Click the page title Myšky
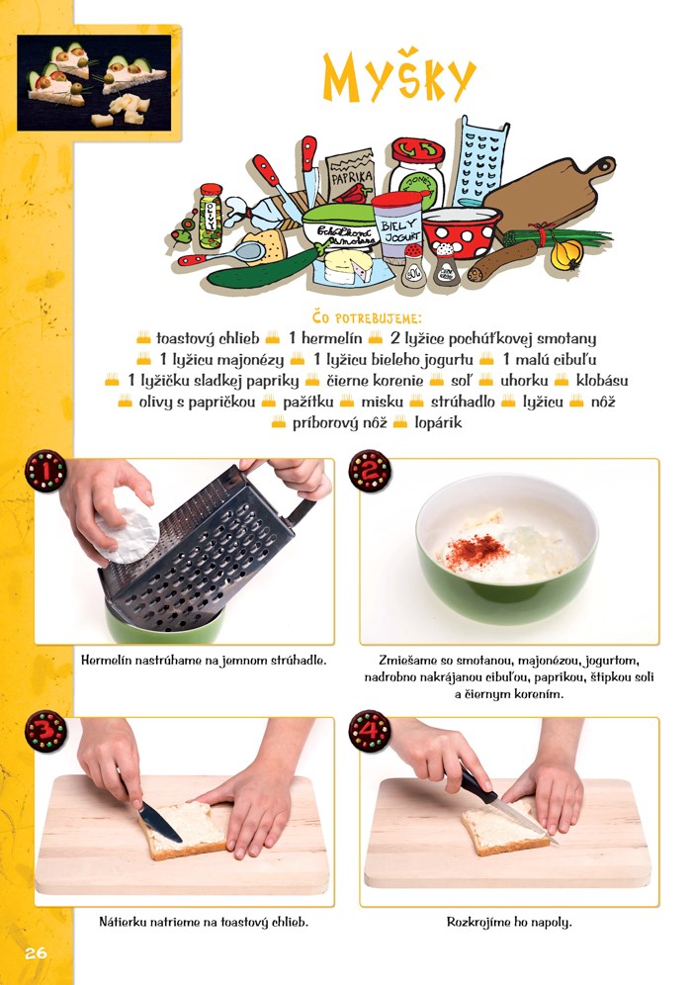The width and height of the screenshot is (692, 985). tap(399, 77)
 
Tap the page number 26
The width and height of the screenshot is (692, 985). tap(36, 953)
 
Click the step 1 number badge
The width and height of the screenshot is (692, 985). tap(45, 471)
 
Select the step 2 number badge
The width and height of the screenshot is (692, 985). tap(370, 471)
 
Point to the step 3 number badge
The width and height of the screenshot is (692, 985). tap(45, 731)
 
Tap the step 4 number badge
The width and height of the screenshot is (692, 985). tap(370, 731)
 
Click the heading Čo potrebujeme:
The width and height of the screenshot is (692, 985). tap(367, 317)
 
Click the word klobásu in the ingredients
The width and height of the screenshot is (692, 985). tap(602, 380)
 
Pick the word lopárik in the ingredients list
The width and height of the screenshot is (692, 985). tap(438, 422)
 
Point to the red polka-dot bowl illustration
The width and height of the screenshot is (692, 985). tap(462, 231)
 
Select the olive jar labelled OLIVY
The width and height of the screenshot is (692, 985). tap(211, 217)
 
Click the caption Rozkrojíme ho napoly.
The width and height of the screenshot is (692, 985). tap(509, 922)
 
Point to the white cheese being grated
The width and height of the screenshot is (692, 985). tap(127, 526)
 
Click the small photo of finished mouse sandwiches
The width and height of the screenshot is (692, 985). tap(94, 83)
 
